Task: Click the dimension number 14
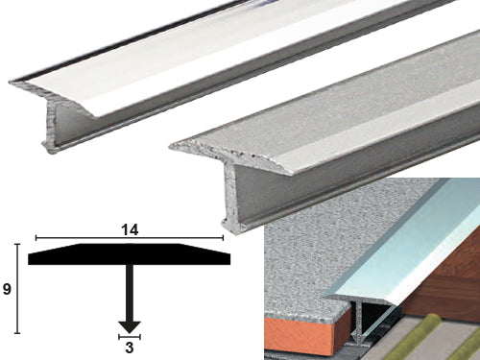point(130,230)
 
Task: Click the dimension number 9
point(7,289)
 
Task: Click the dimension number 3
point(130,348)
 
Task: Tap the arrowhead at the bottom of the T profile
point(130,326)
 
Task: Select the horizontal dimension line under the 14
point(130,238)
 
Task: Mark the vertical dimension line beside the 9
point(17,289)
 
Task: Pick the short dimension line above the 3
point(130,337)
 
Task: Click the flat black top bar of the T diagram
point(130,254)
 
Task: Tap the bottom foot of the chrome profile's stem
point(51,149)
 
